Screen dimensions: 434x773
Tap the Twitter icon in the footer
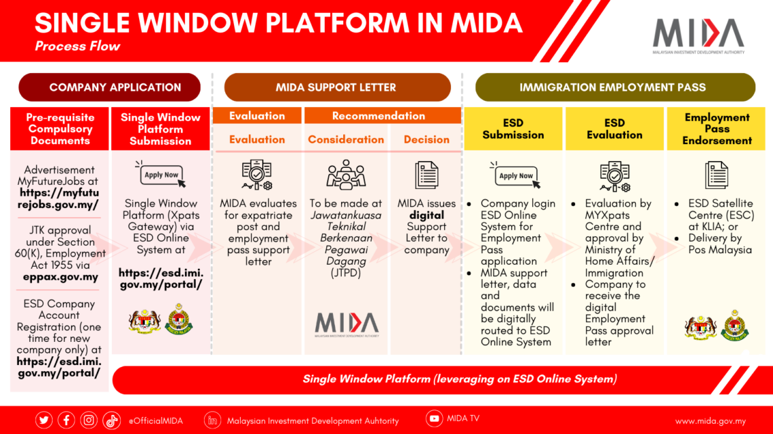click(44, 420)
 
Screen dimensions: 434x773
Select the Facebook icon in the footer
click(66, 420)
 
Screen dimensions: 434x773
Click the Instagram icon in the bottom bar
click(89, 420)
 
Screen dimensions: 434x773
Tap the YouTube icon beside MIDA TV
click(434, 418)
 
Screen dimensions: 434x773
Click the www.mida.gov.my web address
click(710, 420)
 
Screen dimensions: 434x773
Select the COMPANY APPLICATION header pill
click(110, 87)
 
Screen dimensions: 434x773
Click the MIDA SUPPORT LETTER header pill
click(336, 87)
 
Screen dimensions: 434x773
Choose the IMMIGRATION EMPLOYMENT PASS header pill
click(614, 87)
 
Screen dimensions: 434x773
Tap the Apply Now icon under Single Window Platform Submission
click(161, 175)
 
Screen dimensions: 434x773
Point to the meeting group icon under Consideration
click(346, 175)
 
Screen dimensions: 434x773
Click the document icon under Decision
click(427, 175)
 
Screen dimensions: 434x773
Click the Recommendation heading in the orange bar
click(378, 116)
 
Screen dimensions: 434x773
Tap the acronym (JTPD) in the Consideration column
click(346, 274)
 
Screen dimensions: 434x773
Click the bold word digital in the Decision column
click(427, 215)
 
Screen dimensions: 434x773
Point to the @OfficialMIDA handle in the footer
click(155, 420)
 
